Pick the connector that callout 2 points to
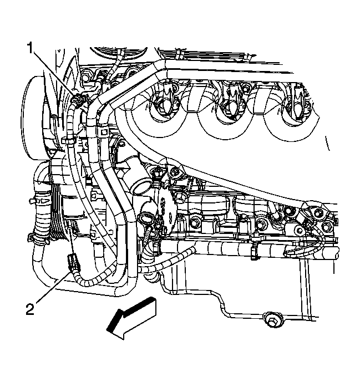[x=70, y=261]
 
